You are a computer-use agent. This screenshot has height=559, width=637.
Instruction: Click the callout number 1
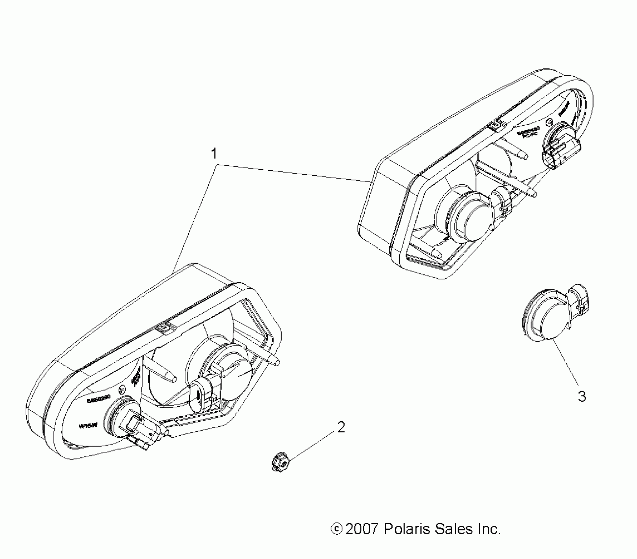click(x=214, y=154)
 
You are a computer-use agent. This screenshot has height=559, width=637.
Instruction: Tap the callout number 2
click(x=341, y=427)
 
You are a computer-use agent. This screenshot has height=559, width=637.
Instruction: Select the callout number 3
click(x=582, y=396)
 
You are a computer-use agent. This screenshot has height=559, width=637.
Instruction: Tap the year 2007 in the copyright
click(x=361, y=529)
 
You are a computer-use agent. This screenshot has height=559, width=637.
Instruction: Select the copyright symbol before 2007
click(x=336, y=529)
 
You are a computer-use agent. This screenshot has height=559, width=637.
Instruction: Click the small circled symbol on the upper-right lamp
click(x=549, y=122)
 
